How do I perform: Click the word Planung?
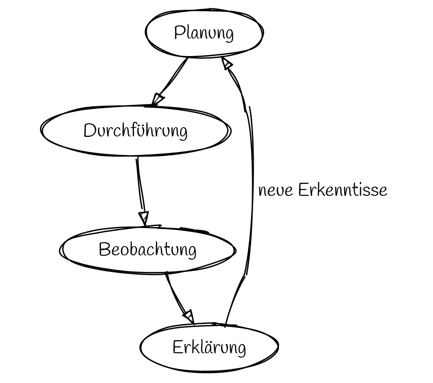tap(204, 33)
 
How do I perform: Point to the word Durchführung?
tap(135, 131)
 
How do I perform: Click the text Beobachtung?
tap(147, 249)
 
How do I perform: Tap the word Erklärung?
tap(209, 348)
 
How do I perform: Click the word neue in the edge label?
tap(276, 190)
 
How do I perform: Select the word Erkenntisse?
tap(342, 190)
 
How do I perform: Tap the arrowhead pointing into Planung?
tap(226, 63)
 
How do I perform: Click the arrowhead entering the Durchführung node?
tap(157, 99)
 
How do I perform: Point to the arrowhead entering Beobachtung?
tap(143, 218)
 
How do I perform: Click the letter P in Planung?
tap(179, 33)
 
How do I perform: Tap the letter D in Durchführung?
tap(89, 131)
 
